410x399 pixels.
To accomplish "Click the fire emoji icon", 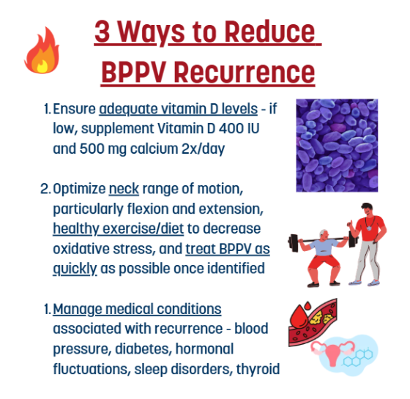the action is [x=42, y=51].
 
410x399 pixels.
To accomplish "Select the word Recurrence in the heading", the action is [x=245, y=72].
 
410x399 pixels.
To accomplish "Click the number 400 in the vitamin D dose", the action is [x=231, y=128].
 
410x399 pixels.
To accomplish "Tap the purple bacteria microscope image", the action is [x=337, y=146].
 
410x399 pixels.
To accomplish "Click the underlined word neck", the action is [x=124, y=189].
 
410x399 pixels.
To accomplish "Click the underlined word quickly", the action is [x=75, y=269].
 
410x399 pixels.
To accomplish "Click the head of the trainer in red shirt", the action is [x=368, y=209].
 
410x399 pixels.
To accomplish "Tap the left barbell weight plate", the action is [x=294, y=242].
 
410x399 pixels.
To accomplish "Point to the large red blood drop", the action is [x=299, y=317].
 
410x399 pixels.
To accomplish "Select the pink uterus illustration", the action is [x=332, y=352].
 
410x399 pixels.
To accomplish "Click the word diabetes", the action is [x=143, y=349].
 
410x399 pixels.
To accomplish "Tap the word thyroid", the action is [x=258, y=370].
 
